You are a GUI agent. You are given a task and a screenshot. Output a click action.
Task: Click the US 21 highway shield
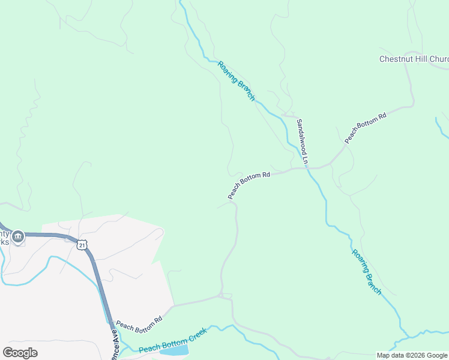coord(82,244)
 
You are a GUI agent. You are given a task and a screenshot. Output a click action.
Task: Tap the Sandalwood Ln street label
coord(301,142)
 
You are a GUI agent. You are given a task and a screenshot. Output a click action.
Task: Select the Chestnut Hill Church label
coord(414,59)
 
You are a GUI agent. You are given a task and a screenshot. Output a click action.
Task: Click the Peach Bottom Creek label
coord(173,341)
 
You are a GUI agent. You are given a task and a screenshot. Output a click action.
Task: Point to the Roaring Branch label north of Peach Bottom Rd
coord(237,81)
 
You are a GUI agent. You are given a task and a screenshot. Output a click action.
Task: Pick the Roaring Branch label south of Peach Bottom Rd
coord(366,272)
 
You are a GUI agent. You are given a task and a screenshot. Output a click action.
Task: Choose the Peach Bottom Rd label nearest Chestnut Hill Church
coord(365,128)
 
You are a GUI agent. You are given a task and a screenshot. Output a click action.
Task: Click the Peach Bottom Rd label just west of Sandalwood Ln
coord(249,185)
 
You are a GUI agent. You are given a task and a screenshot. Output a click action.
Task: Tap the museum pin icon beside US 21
coord(18,237)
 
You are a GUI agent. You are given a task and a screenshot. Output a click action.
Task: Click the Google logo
coord(20,353)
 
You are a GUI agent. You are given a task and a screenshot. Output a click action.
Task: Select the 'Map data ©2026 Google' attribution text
coord(412,355)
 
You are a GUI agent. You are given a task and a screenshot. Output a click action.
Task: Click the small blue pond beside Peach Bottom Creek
coord(174,350)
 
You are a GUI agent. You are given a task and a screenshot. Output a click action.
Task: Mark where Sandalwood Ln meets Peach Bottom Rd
coord(306,167)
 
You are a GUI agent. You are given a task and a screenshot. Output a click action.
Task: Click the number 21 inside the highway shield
coord(82,245)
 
